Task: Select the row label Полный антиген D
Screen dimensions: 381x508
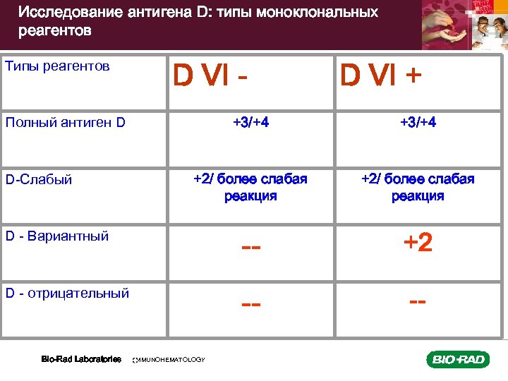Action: click(65, 123)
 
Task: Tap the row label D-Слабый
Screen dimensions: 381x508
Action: click(39, 179)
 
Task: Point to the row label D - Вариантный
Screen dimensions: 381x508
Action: click(56, 236)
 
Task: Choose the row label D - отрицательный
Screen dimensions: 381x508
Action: click(67, 293)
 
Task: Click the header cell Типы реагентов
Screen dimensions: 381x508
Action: click(57, 66)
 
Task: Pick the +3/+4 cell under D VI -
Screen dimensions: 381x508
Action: click(250, 123)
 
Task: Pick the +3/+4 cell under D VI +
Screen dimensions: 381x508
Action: click(418, 123)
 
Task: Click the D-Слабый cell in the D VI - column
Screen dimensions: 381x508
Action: click(250, 187)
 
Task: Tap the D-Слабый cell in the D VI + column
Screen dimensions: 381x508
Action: click(418, 187)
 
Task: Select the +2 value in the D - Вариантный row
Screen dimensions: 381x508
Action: click(418, 243)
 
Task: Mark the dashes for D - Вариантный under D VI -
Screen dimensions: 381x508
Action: click(251, 248)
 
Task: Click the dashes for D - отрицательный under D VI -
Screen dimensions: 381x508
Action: click(251, 304)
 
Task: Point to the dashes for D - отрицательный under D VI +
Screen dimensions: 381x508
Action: click(418, 301)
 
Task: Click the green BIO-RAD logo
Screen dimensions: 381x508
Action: click(457, 360)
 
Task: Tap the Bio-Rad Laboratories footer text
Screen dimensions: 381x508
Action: click(81, 359)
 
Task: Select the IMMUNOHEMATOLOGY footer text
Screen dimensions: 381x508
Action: click(169, 360)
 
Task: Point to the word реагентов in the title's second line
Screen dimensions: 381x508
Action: click(55, 32)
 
